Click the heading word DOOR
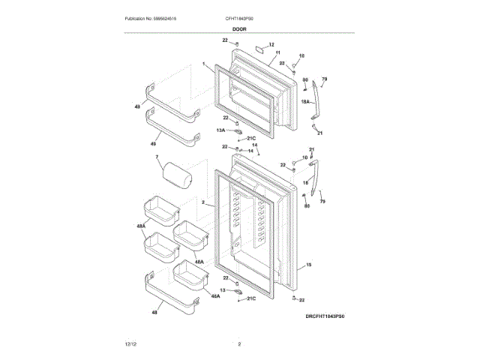click(x=239, y=29)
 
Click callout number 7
click(x=157, y=157)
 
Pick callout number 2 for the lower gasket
click(x=202, y=202)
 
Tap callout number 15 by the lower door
click(x=309, y=265)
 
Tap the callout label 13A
click(x=221, y=130)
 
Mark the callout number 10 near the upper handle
click(x=301, y=55)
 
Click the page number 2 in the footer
click(x=239, y=343)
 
